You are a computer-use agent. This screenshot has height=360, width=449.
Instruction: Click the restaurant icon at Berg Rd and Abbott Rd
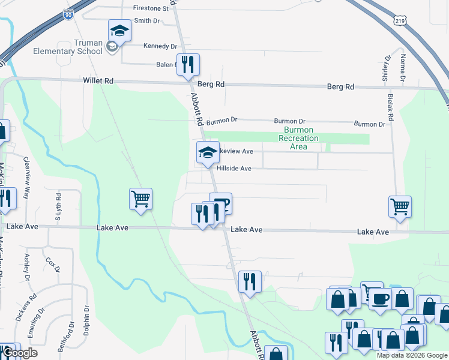pos(188,64)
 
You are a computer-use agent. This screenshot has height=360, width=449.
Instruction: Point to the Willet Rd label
pos(98,81)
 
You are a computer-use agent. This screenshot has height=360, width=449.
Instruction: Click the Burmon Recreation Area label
pos(298,138)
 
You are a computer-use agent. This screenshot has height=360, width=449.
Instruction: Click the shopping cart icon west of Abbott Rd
pos(140,199)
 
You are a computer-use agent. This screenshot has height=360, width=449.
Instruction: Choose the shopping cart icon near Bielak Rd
pos(400,206)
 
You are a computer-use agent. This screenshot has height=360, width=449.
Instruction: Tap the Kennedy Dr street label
pos(160,46)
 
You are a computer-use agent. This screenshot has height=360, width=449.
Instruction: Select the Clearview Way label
pos(26,178)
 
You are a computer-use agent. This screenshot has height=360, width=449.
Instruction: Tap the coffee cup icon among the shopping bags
pos(379,298)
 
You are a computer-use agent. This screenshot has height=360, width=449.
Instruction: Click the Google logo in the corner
pos(20,353)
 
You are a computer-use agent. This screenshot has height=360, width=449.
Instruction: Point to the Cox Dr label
pos(52,265)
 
